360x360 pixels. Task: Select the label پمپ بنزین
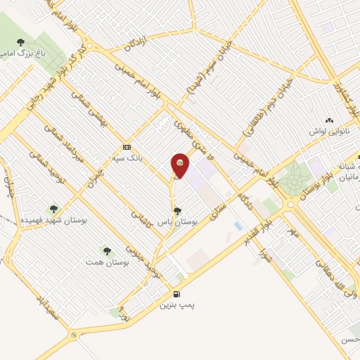[175, 306]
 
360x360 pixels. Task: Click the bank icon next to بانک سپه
[127, 147]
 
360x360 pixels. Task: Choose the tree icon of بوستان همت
[107, 250]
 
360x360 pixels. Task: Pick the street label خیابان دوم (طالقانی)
[262, 112]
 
